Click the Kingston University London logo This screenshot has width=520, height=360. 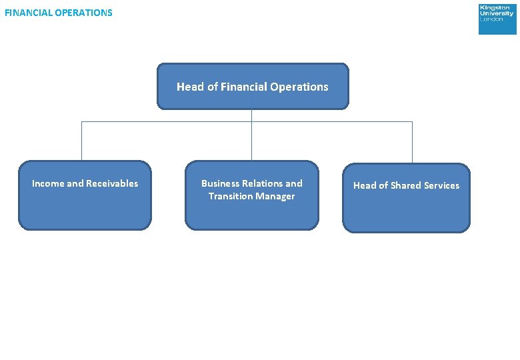pos(497,19)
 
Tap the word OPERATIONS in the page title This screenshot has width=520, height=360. pos(85,13)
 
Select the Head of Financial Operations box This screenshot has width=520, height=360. pos(253,86)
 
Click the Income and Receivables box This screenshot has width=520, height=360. pos(85,195)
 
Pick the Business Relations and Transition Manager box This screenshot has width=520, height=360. pos(252,195)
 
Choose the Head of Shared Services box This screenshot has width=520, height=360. pos(406,198)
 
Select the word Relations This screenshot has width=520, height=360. pos(263,183)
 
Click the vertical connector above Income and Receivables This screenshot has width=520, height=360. pos(81,141)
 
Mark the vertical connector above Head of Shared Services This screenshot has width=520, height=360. pos(412,142)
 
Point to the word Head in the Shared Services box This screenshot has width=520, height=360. pos(365,185)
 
